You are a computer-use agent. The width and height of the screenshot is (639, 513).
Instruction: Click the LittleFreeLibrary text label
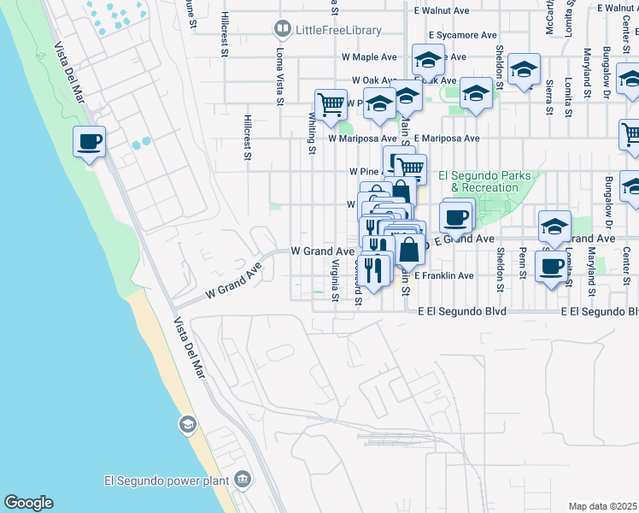[x=338, y=30]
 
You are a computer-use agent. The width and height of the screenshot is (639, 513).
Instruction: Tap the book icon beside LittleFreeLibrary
[x=282, y=30]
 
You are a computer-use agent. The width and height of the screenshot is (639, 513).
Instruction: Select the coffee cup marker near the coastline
[x=88, y=141]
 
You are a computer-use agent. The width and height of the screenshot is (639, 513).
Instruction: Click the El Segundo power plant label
[x=166, y=479]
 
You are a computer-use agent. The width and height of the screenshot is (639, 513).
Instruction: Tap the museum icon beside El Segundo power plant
[x=243, y=479]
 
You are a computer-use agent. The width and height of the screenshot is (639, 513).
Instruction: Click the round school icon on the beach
[x=187, y=424]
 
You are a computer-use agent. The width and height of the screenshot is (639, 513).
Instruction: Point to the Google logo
[x=28, y=503]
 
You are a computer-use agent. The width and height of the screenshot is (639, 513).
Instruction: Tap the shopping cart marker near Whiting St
[x=331, y=104]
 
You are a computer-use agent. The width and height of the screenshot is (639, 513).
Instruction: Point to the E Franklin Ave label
[x=444, y=276]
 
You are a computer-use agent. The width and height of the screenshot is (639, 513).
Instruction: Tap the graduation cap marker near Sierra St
[x=524, y=69]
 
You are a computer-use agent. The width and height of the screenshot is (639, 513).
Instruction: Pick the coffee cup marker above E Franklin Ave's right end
[x=552, y=265]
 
